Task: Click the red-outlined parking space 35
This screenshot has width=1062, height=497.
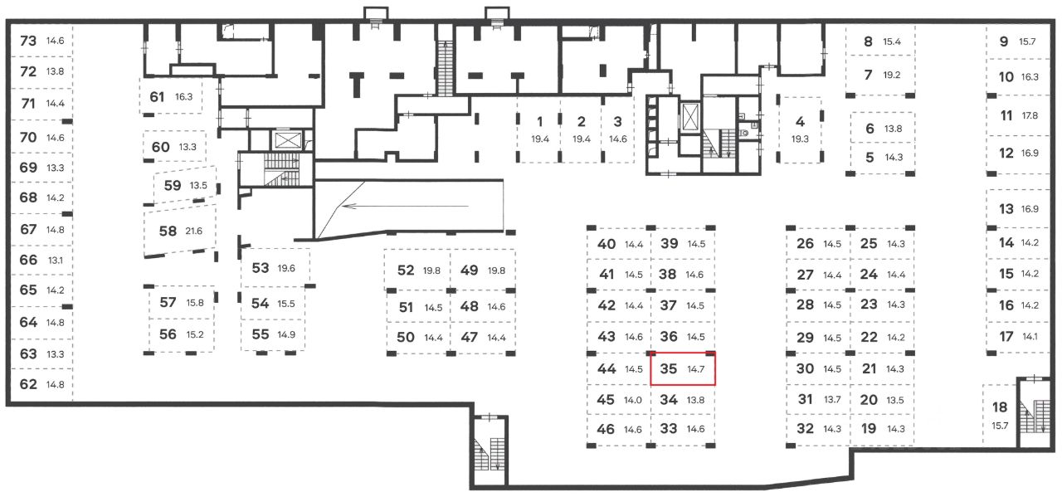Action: (682, 368)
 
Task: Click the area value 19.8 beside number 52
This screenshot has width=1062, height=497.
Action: (431, 270)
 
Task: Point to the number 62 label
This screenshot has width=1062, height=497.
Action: (28, 384)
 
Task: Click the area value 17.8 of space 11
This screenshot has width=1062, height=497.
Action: (1030, 115)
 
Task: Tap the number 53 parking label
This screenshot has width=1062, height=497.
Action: (261, 268)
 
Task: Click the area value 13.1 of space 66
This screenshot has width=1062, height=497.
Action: (56, 260)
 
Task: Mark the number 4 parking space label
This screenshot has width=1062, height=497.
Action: (800, 121)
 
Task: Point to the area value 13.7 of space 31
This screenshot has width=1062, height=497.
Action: (832, 399)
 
